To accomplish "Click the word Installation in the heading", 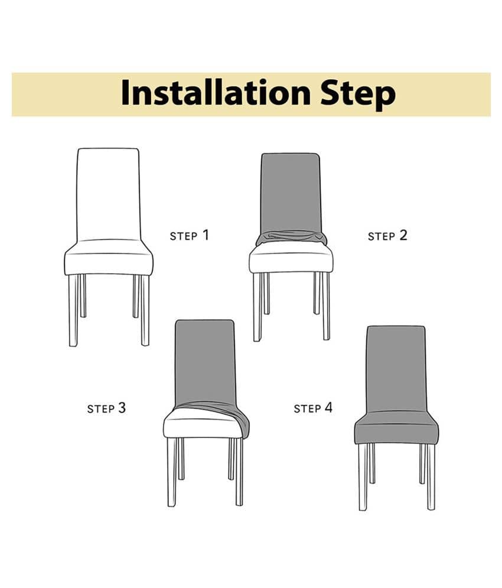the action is (x=216, y=92).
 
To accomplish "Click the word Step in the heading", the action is (x=358, y=95).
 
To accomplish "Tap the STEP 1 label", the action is (x=190, y=235).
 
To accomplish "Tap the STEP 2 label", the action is (x=387, y=236).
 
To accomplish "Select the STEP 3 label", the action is (x=106, y=408).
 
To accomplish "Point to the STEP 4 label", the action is (x=313, y=408).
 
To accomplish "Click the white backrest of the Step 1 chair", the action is (x=108, y=194).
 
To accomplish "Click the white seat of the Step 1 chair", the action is (x=109, y=258).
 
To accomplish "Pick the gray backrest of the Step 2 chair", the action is (x=291, y=193).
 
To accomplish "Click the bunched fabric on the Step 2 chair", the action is (x=291, y=238).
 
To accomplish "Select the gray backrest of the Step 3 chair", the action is (x=205, y=362).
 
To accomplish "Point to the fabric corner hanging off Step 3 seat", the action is (x=245, y=425).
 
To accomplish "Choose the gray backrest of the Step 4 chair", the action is (x=396, y=369).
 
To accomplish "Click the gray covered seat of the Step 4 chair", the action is (x=396, y=428).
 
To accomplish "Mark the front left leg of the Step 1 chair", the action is (x=73, y=310).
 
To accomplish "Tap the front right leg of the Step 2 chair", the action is (x=326, y=306).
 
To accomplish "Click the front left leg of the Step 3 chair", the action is (x=172, y=472).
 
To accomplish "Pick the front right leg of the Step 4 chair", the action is (x=431, y=477).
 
